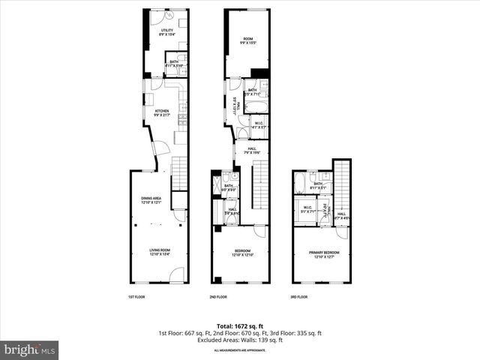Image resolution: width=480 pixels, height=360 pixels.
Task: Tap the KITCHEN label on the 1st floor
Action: pyautogui.click(x=162, y=113)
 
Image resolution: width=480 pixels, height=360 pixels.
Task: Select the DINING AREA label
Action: pyautogui.click(x=152, y=200)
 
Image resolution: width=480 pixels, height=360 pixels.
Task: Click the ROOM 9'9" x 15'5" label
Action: pyautogui.click(x=247, y=40)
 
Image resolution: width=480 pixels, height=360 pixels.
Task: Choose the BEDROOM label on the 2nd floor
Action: pyautogui.click(x=242, y=253)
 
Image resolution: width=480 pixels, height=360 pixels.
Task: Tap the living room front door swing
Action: pyautogui.click(x=175, y=277)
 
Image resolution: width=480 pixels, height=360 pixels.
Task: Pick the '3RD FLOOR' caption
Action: pyautogui.click(x=298, y=297)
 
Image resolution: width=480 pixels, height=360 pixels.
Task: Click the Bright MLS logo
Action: pyautogui.click(x=30, y=349)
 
